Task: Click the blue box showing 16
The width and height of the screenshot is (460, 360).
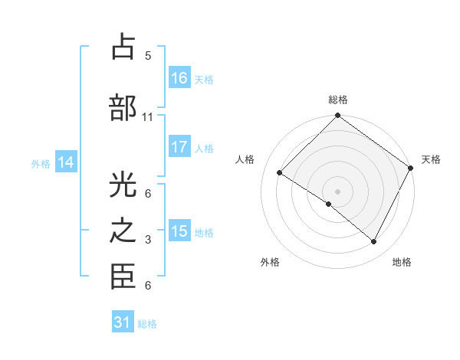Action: [179, 77]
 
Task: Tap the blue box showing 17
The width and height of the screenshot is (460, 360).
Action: [179, 147]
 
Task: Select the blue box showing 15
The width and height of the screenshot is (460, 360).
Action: [179, 231]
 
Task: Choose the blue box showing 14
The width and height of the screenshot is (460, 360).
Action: [66, 162]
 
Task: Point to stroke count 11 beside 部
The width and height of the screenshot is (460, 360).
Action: [148, 117]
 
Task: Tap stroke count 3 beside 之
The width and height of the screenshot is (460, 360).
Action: [148, 241]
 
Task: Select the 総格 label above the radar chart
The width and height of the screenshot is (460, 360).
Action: [338, 100]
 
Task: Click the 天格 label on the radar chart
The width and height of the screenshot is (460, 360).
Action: [431, 159]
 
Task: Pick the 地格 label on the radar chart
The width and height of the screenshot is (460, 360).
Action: [402, 262]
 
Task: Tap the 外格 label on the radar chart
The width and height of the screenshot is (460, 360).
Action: [270, 262]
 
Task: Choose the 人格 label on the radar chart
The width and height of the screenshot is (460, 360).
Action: [245, 159]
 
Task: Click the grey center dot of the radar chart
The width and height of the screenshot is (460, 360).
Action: [337, 191]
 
